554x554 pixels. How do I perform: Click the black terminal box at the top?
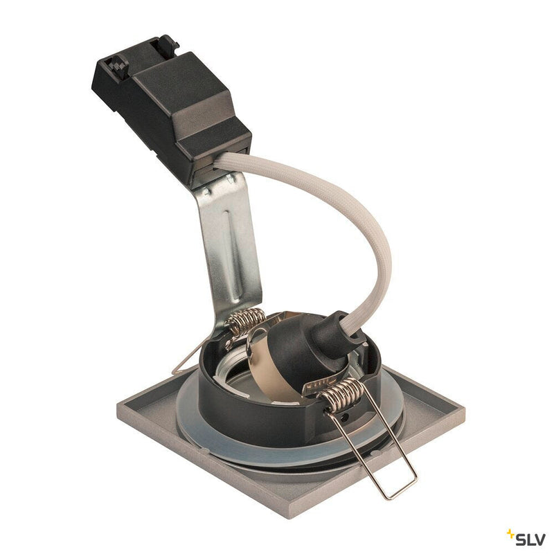coord(173,104)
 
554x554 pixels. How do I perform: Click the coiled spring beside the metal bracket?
coord(245,321)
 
